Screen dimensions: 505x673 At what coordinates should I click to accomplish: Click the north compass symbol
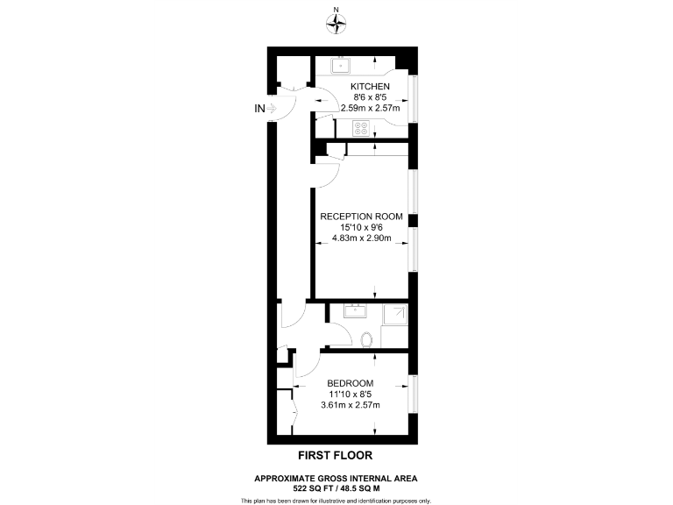coord(336,24)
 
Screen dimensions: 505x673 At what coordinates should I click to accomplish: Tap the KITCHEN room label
coord(369,86)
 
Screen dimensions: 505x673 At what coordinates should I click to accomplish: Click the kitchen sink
coord(339,64)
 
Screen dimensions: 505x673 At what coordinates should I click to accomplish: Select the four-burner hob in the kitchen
coord(360,128)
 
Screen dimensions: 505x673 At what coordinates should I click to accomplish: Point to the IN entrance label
coord(259,109)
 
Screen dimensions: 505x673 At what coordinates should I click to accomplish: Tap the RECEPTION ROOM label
coord(361,216)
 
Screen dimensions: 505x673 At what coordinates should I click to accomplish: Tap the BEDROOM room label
coord(351,383)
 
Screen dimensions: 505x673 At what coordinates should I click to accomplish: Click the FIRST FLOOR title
coord(336,456)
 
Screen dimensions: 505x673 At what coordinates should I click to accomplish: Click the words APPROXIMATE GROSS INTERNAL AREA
coord(336,477)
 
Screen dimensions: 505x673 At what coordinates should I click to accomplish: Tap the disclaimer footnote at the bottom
coord(336,500)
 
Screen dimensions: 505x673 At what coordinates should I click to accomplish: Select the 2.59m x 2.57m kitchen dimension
coord(369,109)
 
